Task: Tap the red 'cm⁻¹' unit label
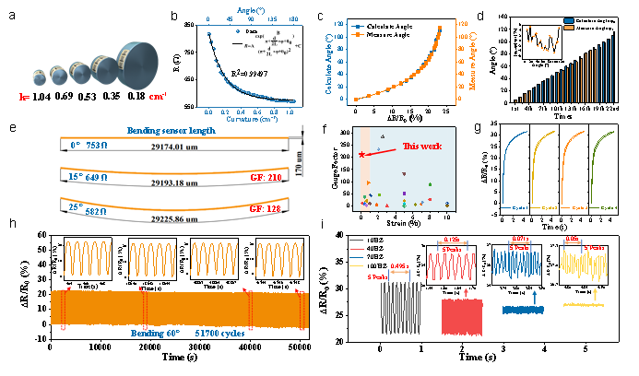158,96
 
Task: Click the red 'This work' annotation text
423,146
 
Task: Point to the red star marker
362,155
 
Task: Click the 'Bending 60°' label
157,333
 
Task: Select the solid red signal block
461,315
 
